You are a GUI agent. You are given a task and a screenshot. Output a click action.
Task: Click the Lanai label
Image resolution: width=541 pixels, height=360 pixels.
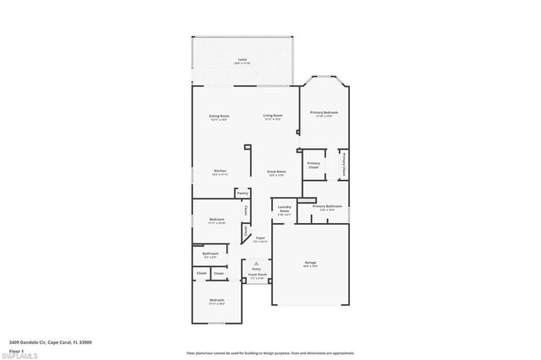point(242,61)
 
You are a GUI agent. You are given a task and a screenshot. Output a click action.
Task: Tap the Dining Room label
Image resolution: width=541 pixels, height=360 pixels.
point(219,116)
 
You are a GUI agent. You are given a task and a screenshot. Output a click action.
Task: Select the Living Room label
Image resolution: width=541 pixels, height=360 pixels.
point(272,116)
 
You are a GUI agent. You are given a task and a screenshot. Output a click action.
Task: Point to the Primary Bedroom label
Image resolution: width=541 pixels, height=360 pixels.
point(324,112)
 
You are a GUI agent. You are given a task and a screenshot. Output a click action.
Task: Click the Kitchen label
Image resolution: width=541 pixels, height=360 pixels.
point(220,171)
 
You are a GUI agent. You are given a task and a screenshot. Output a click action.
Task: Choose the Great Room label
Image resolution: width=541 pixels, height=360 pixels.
point(276,171)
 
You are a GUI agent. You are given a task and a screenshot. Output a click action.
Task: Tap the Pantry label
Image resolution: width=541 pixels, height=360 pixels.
point(243,193)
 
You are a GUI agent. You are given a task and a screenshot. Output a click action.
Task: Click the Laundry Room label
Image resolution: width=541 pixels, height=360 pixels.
point(284,209)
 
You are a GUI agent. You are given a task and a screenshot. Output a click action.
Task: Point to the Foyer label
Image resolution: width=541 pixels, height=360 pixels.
point(261,239)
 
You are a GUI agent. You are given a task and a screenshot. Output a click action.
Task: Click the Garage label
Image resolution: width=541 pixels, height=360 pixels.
point(310,263)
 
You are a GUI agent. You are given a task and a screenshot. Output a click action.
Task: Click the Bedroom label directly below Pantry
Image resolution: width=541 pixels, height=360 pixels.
point(216,220)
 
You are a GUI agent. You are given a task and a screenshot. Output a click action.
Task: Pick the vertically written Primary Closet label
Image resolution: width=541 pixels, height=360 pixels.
point(343,162)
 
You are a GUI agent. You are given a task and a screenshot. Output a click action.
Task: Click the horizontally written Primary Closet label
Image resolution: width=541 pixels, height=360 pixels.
point(314,165)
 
